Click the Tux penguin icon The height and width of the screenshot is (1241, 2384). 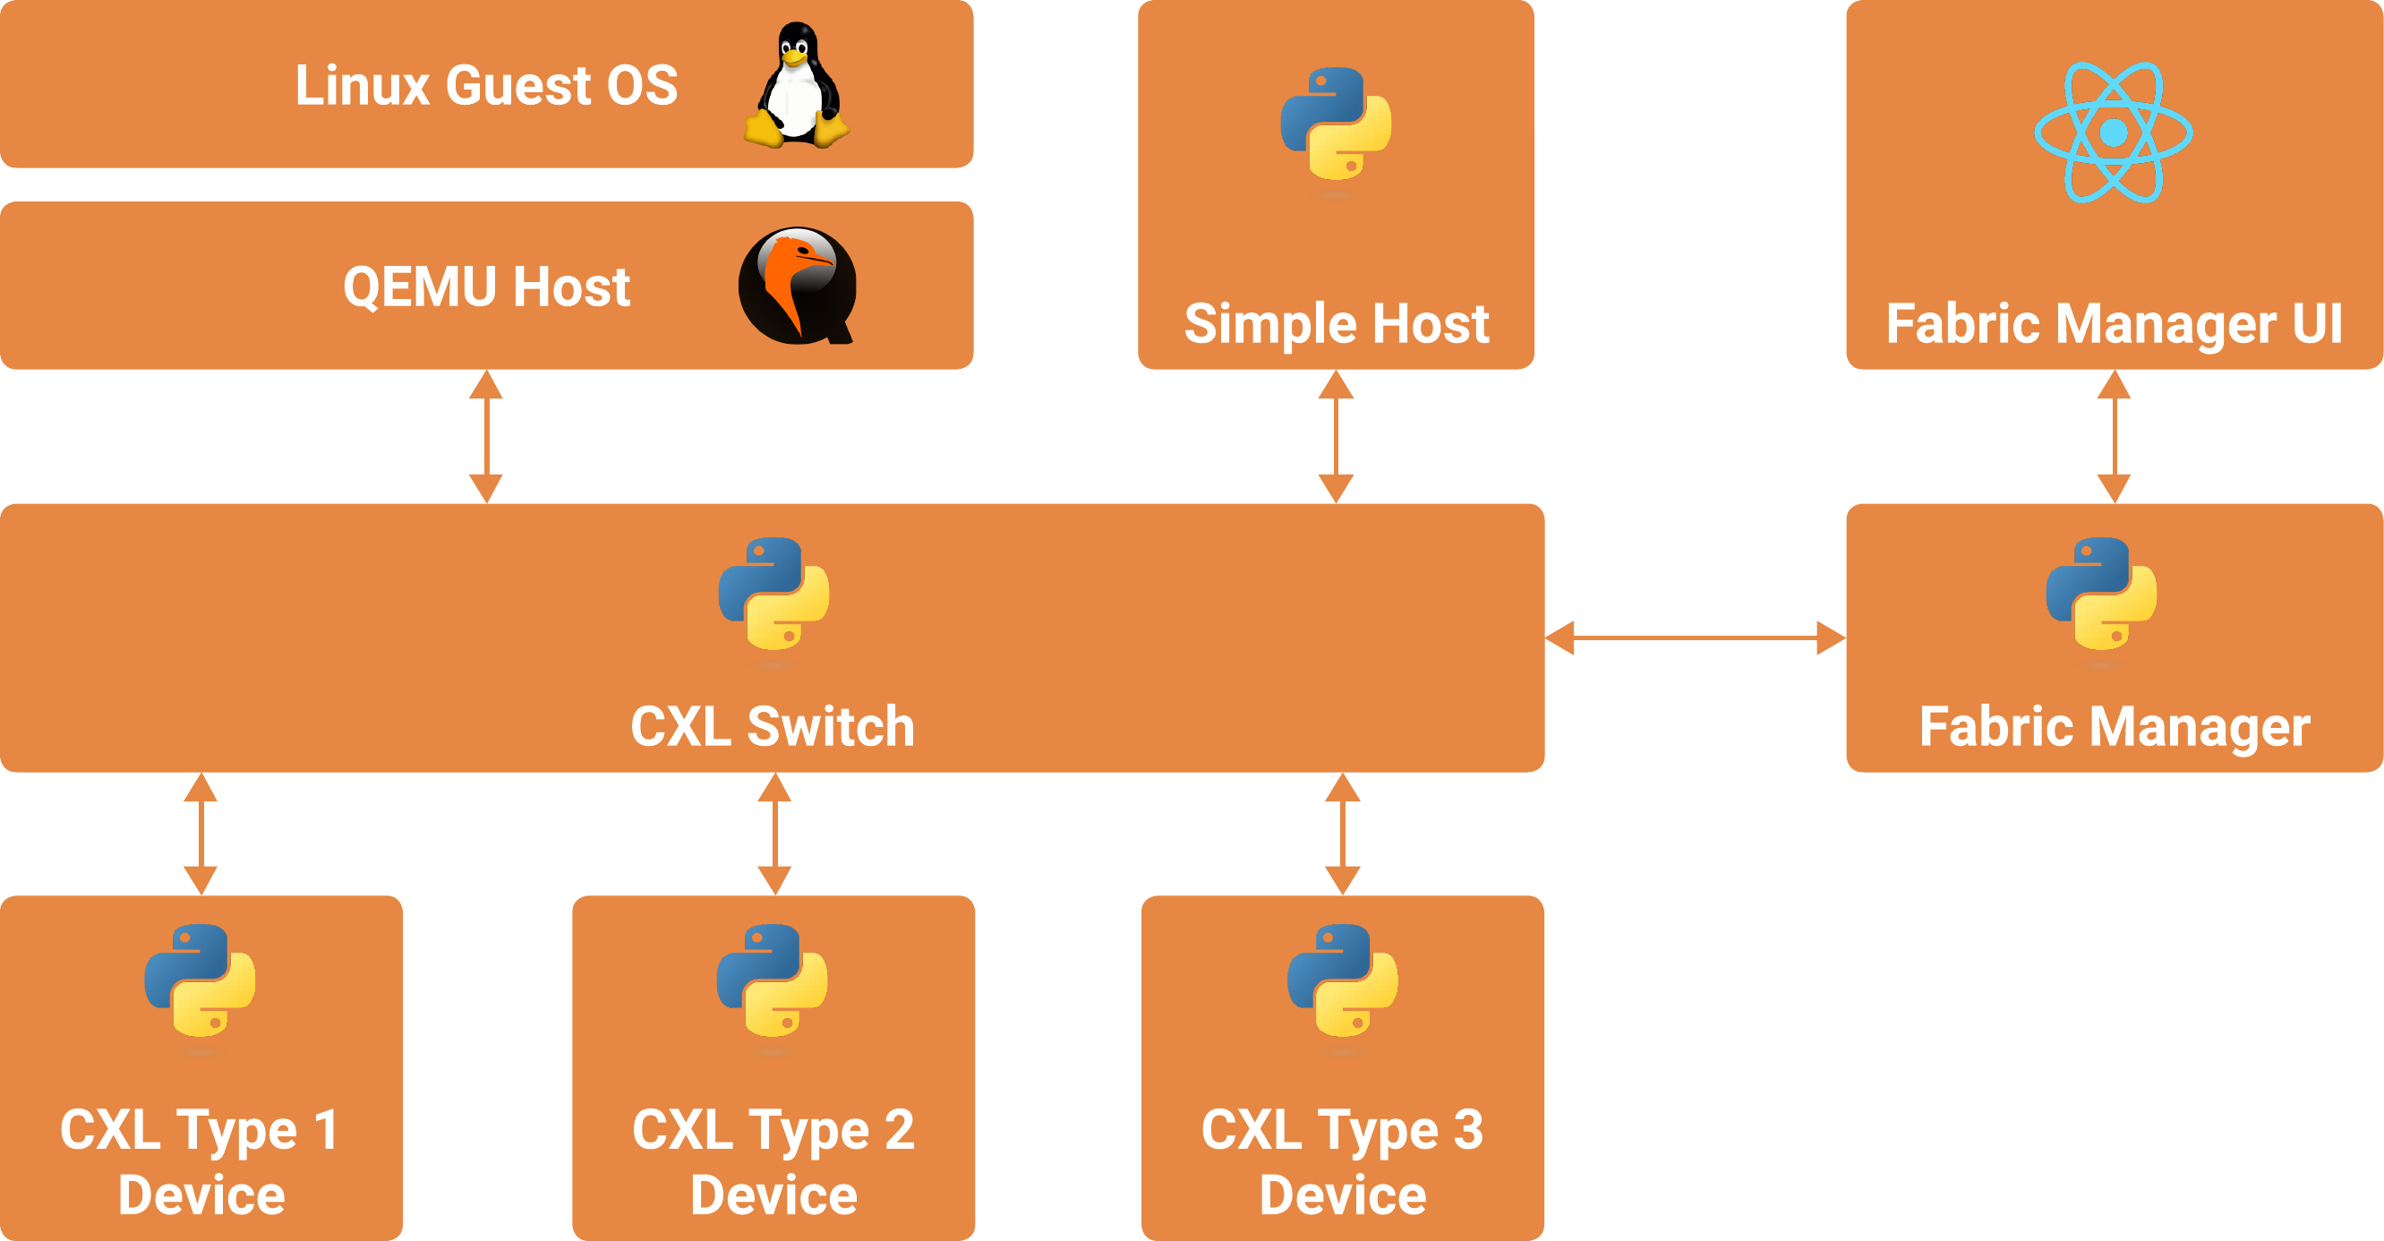796,85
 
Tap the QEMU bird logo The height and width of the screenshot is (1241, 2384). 797,285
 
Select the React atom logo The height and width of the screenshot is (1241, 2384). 2113,133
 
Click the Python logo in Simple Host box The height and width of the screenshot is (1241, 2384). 1336,124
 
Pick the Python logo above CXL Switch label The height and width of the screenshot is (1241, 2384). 773,595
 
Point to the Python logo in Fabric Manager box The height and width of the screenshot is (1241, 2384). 2101,595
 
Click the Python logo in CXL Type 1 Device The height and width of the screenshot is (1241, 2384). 200,981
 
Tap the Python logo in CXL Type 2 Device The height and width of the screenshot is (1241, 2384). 772,981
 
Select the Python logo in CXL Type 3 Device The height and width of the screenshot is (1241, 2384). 1342,981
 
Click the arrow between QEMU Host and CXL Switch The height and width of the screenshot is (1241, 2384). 486,436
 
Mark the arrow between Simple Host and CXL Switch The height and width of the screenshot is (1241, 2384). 1336,436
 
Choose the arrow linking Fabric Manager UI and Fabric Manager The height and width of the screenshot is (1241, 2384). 2114,436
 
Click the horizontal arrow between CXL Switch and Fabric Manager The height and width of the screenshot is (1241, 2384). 1695,638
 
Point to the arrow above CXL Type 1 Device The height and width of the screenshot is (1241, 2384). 200,834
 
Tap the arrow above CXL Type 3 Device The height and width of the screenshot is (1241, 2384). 1342,834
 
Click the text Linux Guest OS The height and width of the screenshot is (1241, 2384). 486,86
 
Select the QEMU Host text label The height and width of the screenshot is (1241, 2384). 486,287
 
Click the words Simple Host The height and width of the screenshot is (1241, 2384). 1337,324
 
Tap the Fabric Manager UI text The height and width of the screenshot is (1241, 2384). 2114,324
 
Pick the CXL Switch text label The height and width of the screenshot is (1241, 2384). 773,726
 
